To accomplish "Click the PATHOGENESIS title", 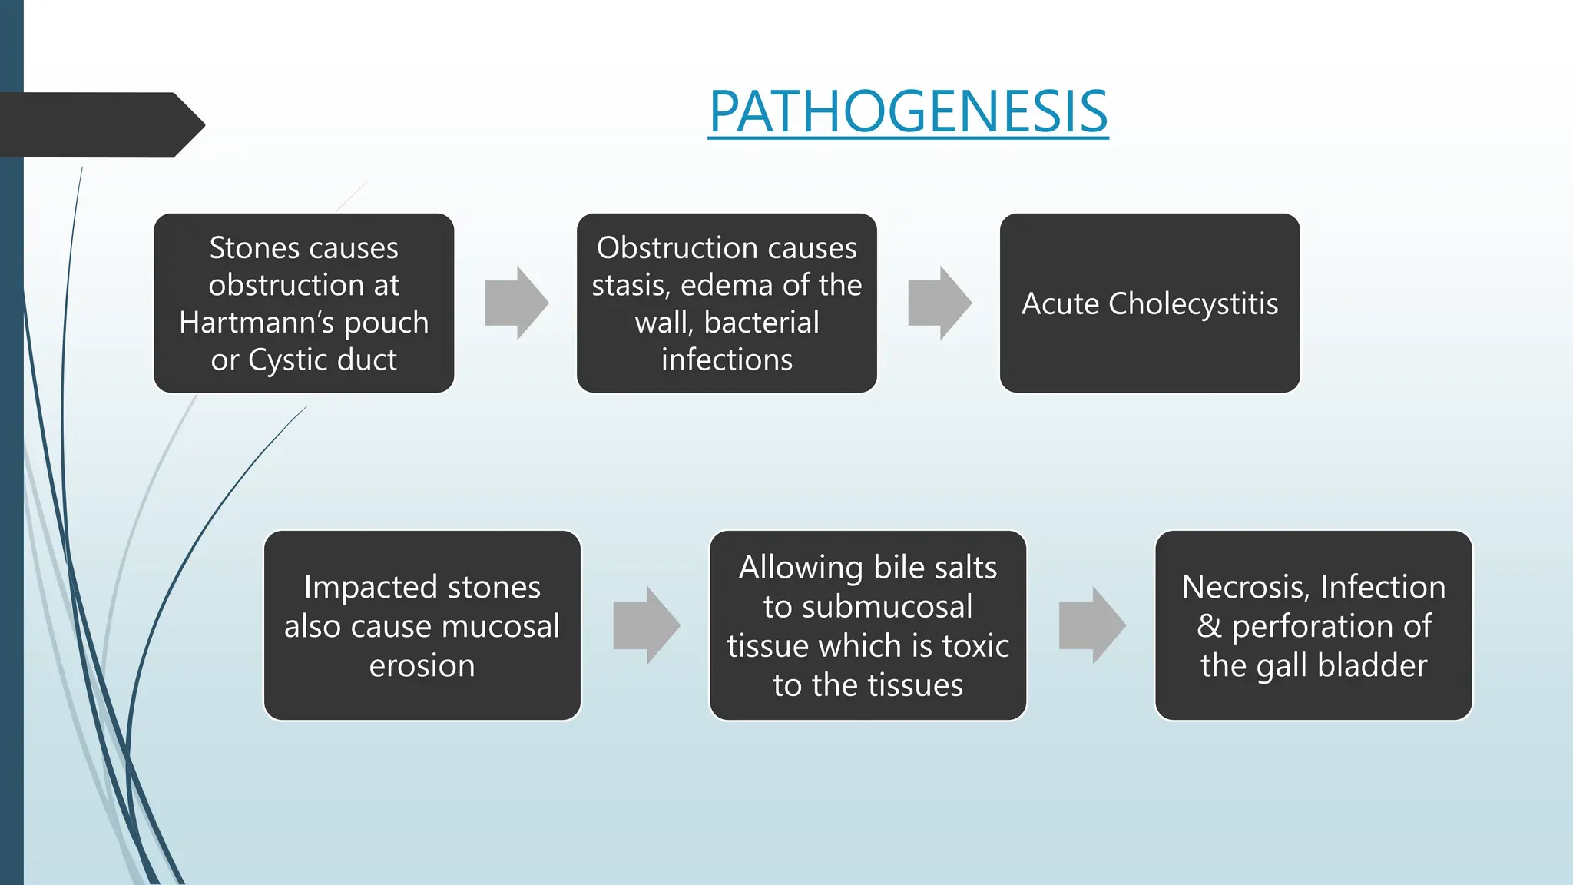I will click(x=908, y=112).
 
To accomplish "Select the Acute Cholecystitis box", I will click(x=1149, y=303).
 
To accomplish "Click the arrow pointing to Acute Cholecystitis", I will click(x=939, y=303).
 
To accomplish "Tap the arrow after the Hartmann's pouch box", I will click(x=516, y=303).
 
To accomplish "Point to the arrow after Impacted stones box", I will click(x=646, y=625).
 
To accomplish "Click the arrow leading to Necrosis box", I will click(x=1091, y=625).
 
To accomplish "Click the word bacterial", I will click(x=761, y=323).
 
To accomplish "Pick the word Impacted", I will click(x=370, y=587).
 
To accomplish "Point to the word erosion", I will click(x=422, y=665).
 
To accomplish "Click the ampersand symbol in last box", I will click(x=1209, y=626).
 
